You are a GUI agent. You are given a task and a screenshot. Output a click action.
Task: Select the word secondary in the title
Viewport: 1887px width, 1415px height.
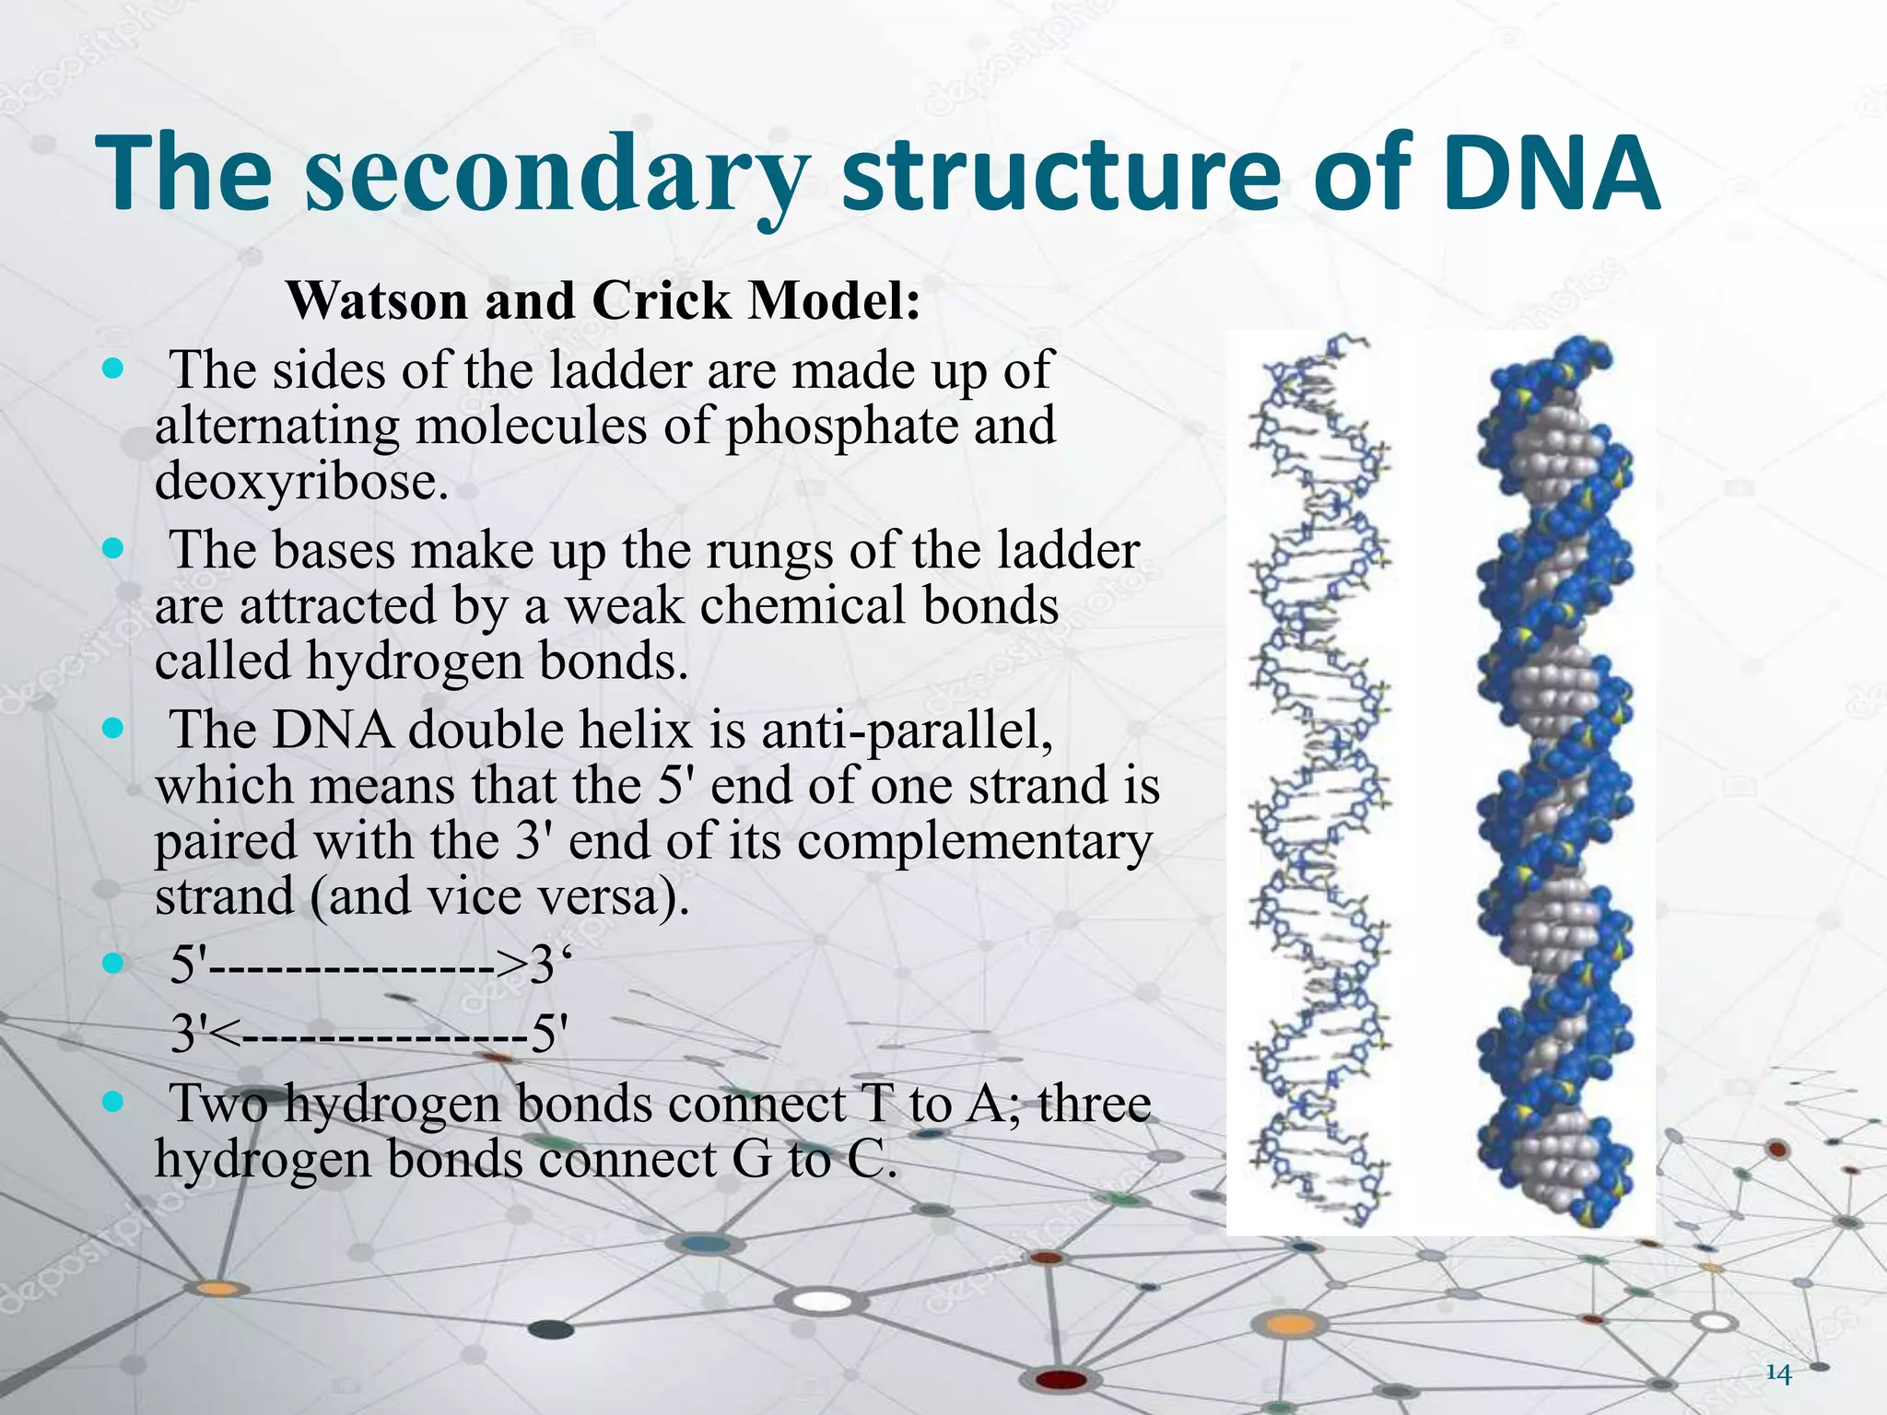click(x=557, y=175)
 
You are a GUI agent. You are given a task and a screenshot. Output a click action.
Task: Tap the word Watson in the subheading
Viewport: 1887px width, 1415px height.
click(x=377, y=300)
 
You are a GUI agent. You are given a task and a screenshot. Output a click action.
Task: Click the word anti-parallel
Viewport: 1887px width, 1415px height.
click(x=907, y=730)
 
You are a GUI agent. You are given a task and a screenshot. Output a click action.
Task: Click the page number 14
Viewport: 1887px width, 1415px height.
click(x=1778, y=1374)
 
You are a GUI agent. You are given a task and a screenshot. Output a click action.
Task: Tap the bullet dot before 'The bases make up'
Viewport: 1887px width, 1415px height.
click(x=113, y=549)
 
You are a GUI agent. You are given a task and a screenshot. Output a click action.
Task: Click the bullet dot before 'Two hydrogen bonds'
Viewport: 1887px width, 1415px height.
click(x=113, y=1102)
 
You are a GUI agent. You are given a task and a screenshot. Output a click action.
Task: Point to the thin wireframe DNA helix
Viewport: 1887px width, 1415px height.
click(x=1318, y=783)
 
